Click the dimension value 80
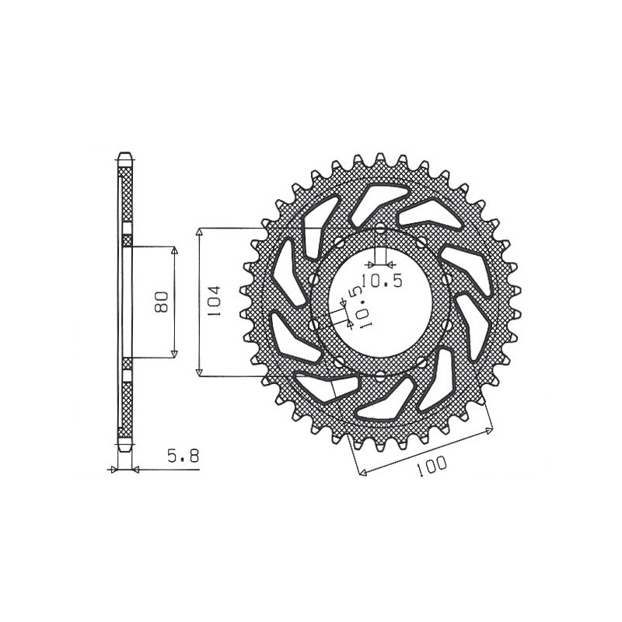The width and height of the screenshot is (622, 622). pos(162,302)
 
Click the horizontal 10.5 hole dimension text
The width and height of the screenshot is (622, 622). pos(381,282)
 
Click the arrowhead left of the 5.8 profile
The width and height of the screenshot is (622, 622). pos(115,470)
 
